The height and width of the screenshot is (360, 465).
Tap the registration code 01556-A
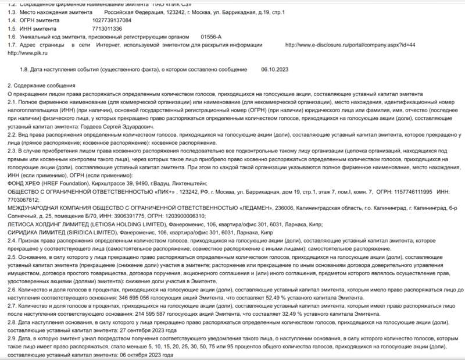[212, 36]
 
